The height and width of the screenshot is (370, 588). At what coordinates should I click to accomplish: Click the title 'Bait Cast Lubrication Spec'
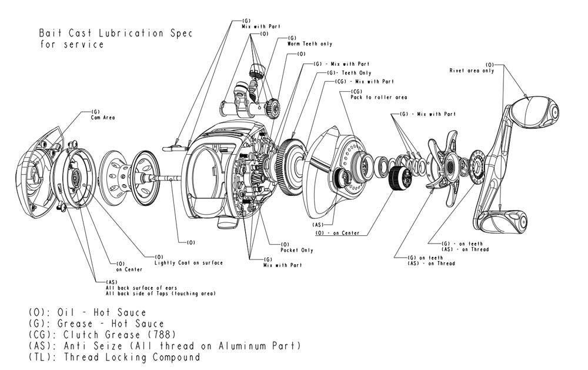coord(115,34)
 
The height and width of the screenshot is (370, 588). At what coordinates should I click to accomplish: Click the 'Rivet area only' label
coord(472,71)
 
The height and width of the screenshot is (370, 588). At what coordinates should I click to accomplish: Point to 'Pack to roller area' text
coord(379,97)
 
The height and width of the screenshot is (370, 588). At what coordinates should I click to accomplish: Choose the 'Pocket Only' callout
coord(297,250)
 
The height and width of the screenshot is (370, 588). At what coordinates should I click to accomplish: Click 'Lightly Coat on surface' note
coord(188,263)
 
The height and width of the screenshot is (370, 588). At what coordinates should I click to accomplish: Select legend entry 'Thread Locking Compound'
coord(115,357)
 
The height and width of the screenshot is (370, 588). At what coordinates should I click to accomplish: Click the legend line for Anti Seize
coord(165,346)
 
